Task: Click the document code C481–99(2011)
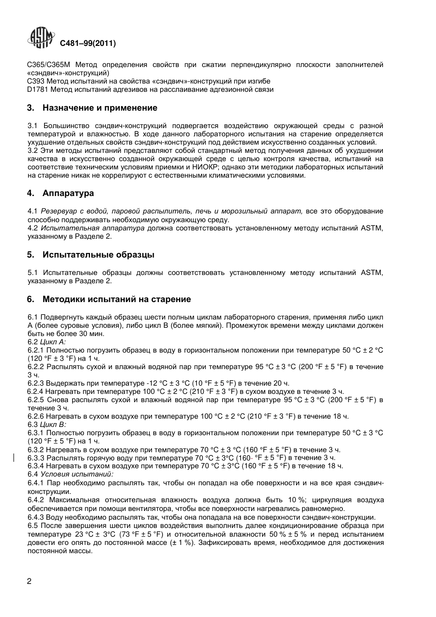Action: [x=88, y=44]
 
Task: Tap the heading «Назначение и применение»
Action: [x=100, y=108]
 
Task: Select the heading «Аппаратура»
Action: [x=68, y=193]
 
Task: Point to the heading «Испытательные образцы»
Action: [x=98, y=255]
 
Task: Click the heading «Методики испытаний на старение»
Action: [x=117, y=299]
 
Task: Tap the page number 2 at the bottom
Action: [x=29, y=581]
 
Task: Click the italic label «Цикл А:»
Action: [x=53, y=342]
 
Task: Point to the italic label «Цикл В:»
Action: [x=53, y=425]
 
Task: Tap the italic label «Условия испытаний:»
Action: [x=77, y=474]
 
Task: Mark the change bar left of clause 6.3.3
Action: [x=14, y=458]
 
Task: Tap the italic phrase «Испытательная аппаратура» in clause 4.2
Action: [x=92, y=228]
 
